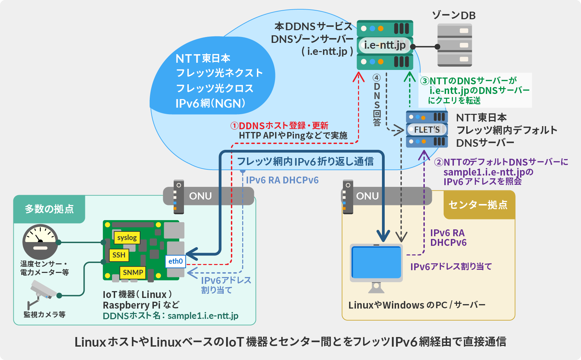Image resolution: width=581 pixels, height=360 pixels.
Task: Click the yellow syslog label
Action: (127, 238)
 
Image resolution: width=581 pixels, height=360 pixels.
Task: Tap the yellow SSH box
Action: (119, 255)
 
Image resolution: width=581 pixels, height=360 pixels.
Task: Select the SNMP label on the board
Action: (133, 273)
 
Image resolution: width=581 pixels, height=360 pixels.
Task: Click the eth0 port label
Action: (175, 261)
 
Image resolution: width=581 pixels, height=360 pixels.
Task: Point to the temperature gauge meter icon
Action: (40, 242)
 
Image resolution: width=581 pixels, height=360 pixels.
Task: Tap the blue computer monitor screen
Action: (376, 262)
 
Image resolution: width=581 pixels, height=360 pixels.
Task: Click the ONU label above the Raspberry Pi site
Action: (200, 196)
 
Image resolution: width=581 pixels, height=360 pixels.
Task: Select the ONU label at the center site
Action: (367, 196)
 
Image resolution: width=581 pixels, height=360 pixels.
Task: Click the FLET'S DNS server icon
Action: (427, 129)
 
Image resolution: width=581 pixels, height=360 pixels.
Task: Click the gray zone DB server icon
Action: (455, 45)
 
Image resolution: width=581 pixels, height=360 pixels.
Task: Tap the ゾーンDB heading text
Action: (454, 15)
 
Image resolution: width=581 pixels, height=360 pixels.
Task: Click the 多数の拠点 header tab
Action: (49, 209)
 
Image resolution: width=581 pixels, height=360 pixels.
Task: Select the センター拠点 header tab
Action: (478, 205)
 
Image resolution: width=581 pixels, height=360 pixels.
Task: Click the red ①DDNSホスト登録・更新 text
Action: (280, 125)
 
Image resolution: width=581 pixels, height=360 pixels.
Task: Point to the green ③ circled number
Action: (425, 81)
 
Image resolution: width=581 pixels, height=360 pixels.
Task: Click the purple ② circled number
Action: (438, 162)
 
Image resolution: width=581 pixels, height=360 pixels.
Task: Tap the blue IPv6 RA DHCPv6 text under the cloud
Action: (282, 180)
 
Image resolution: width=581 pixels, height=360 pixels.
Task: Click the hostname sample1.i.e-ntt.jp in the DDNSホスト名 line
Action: (203, 316)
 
